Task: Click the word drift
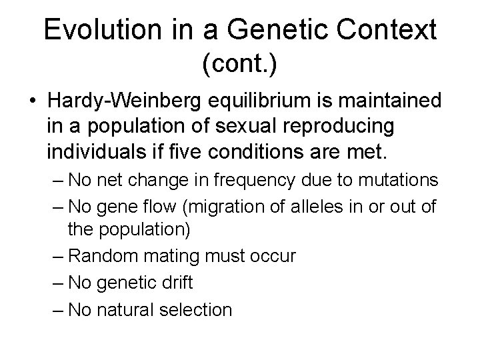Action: point(175,283)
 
